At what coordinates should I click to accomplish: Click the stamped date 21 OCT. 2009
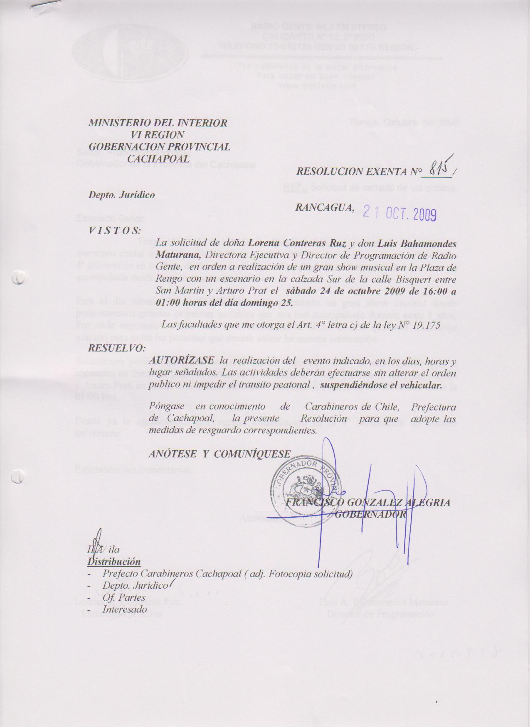[399, 214]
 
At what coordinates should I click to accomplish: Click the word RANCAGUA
[325, 208]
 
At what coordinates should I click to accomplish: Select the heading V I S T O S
[115, 231]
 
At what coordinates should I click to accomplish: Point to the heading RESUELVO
[117, 348]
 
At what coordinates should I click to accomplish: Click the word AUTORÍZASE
[182, 361]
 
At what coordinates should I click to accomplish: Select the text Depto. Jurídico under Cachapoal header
[121, 195]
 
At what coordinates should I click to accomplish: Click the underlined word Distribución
[114, 562]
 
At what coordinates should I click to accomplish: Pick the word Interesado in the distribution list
[125, 609]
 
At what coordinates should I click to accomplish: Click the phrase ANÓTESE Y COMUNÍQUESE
[219, 454]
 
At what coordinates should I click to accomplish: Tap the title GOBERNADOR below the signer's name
[370, 514]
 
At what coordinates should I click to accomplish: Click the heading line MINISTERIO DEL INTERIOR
[158, 123]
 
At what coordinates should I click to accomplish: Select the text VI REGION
[158, 135]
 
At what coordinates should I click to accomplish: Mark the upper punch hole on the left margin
[18, 278]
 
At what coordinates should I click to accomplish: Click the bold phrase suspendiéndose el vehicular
[381, 385]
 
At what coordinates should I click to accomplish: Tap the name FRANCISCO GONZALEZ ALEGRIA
[368, 502]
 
